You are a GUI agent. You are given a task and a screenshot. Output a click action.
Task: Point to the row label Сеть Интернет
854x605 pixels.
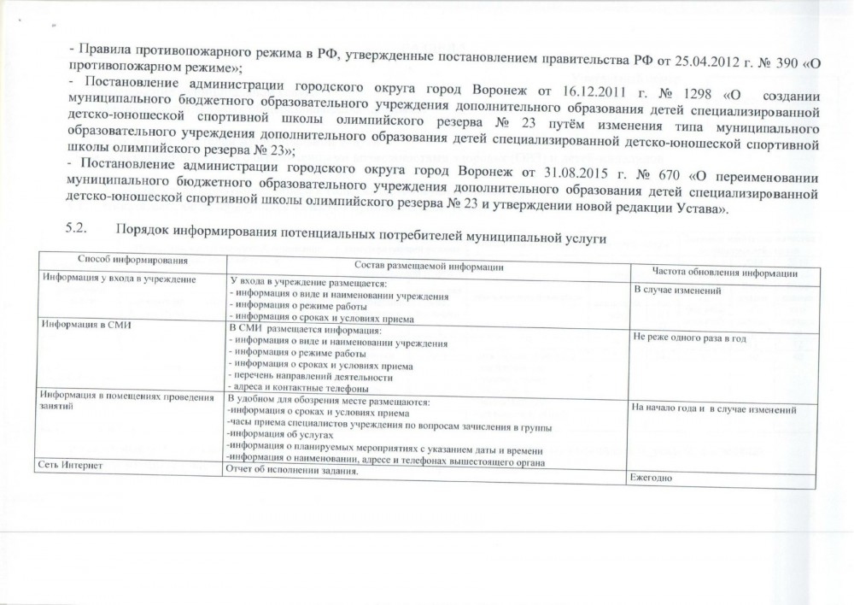click(x=69, y=464)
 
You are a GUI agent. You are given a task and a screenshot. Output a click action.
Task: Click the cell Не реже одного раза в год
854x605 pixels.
click(x=689, y=338)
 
